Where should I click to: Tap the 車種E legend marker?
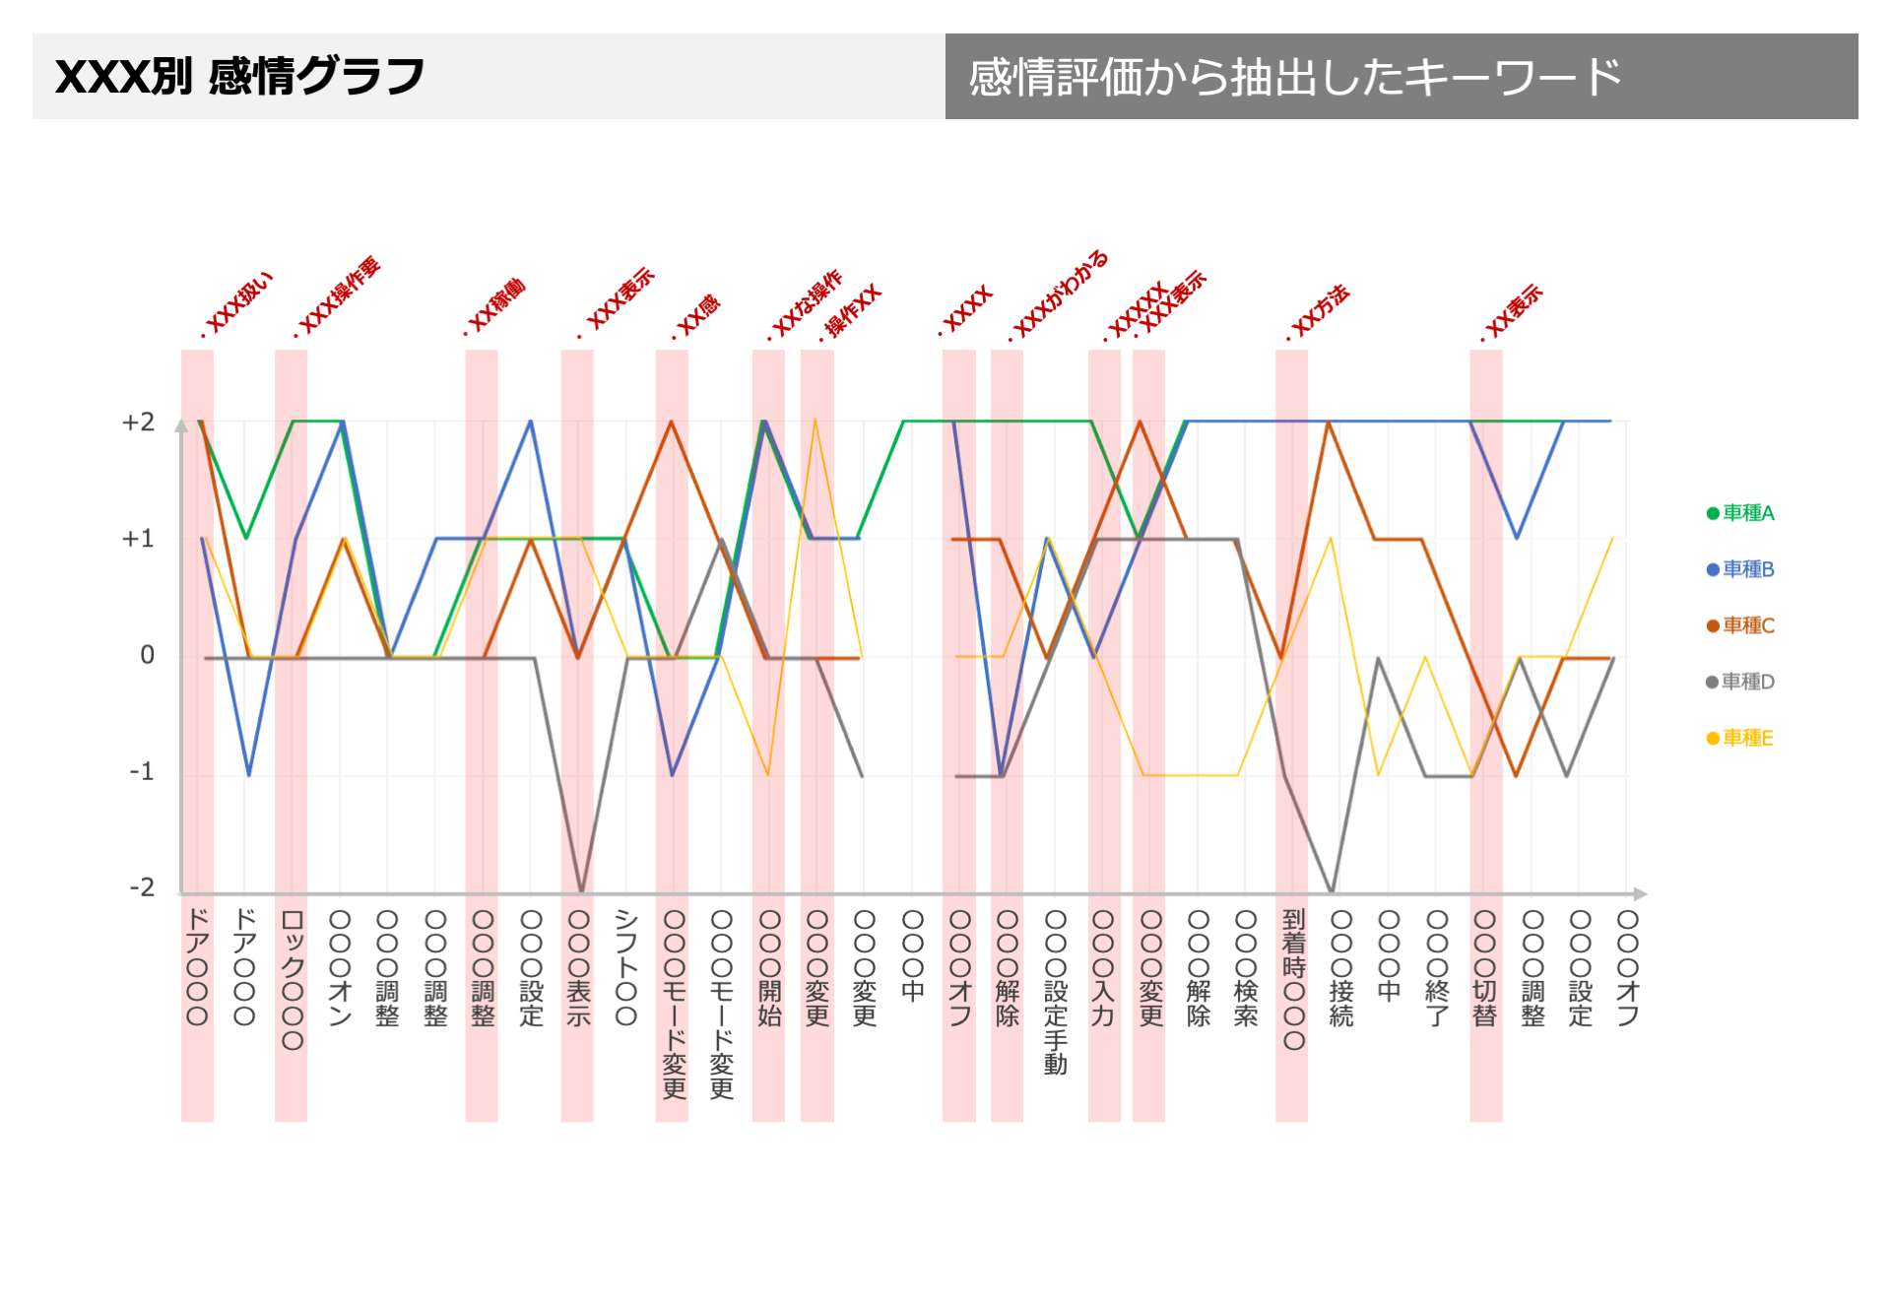pyautogui.click(x=1713, y=739)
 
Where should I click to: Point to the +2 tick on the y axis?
pyautogui.click(x=138, y=423)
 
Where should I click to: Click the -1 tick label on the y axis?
pyautogui.click(x=142, y=771)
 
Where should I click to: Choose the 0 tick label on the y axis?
pyautogui.click(x=148, y=655)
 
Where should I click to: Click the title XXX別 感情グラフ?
pyautogui.click(x=239, y=77)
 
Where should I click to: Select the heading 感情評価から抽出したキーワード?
pyautogui.click(x=1294, y=77)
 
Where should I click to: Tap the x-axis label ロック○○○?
pyautogui.click(x=293, y=979)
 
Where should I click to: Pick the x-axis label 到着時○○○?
pyautogui.click(x=1293, y=979)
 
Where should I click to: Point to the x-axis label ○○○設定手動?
pyautogui.click(x=1055, y=991)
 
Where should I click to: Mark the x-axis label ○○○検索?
pyautogui.click(x=1245, y=967)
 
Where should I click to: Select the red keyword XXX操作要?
pyautogui.click(x=339, y=296)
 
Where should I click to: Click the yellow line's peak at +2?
pyautogui.click(x=815, y=421)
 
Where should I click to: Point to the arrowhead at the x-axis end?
pyautogui.click(x=1639, y=894)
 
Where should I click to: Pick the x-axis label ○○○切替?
pyautogui.click(x=1484, y=967)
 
